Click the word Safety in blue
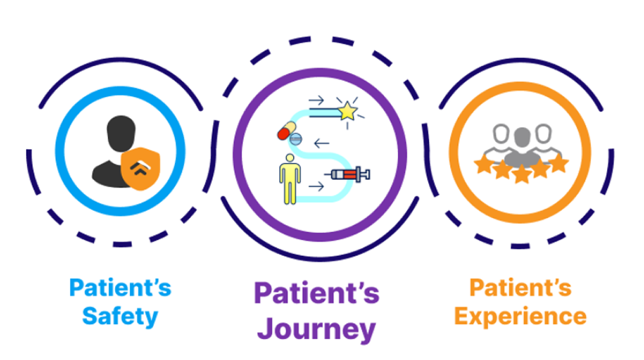[x=120, y=316]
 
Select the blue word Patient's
[x=120, y=287]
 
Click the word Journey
[x=316, y=330]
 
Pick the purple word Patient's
[x=316, y=293]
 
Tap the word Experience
[x=521, y=316]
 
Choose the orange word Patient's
[x=521, y=287]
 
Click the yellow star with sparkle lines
[x=347, y=111]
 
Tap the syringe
[x=350, y=175]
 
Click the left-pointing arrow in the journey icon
[x=321, y=144]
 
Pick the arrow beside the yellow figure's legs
[x=316, y=187]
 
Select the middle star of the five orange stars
[x=521, y=173]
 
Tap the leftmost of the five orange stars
[x=483, y=165]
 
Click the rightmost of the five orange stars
[x=558, y=164]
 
